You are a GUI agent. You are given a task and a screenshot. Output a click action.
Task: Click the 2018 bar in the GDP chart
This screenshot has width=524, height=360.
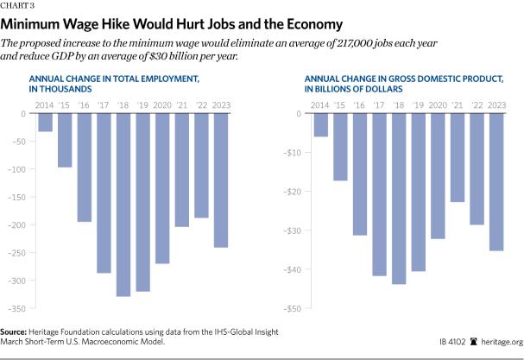click(397, 199)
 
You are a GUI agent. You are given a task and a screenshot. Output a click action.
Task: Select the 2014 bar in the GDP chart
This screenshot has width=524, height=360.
click(321, 125)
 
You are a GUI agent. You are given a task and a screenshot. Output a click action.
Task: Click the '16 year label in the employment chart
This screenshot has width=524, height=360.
click(84, 104)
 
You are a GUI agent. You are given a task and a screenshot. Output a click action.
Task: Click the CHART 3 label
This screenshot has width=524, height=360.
click(16, 6)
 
